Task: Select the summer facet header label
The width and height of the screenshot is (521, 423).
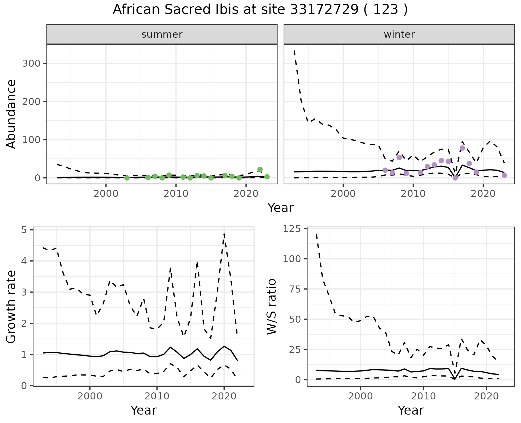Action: [x=162, y=34]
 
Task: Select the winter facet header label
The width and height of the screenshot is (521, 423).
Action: [x=399, y=34]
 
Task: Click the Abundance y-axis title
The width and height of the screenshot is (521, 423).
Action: [x=11, y=114]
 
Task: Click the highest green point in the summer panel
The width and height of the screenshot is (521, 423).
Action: [x=260, y=169]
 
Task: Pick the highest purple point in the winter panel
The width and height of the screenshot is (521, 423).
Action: [x=462, y=148]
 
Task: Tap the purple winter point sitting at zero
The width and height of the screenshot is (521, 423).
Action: [x=455, y=178]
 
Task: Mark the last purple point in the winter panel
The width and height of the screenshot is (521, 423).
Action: [x=504, y=175]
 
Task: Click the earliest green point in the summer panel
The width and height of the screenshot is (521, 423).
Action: [x=127, y=178]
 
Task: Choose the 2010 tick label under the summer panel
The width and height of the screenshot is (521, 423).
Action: [x=176, y=194]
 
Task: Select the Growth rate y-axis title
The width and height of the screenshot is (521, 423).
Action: [x=11, y=307]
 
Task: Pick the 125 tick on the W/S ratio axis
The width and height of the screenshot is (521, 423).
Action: [x=292, y=229]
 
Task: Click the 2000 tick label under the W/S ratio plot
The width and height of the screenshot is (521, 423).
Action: [x=360, y=396]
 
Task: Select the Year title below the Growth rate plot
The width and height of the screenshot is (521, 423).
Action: [x=144, y=410]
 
